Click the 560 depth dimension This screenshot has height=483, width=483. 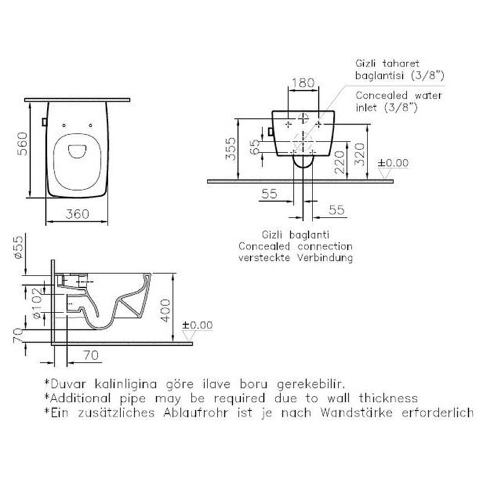pyautogui.click(x=22, y=144)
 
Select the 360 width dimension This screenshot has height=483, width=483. pyautogui.click(x=77, y=214)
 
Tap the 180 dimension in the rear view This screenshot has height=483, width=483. pyautogui.click(x=303, y=83)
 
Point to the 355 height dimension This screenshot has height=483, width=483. pyautogui.click(x=231, y=149)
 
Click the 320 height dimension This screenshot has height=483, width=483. pyautogui.click(x=359, y=155)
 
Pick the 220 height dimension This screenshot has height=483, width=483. pyautogui.click(x=339, y=162)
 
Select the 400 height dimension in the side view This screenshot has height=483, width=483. pyautogui.click(x=165, y=310)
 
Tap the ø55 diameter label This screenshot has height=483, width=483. pyautogui.click(x=19, y=247)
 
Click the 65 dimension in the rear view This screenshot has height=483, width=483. pyautogui.click(x=255, y=147)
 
